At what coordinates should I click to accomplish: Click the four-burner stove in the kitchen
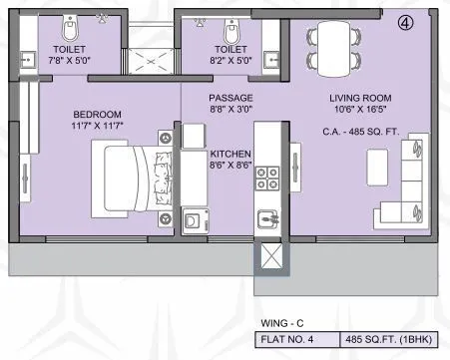coord(267,179)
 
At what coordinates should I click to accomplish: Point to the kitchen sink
coord(267,215)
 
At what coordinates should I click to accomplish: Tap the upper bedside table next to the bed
coord(164,138)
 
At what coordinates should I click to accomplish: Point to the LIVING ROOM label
coord(362,99)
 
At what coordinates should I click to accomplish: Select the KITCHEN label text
coord(230,155)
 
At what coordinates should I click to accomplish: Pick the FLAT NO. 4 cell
coord(293,338)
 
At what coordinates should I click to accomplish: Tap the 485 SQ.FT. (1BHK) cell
coord(393,338)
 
